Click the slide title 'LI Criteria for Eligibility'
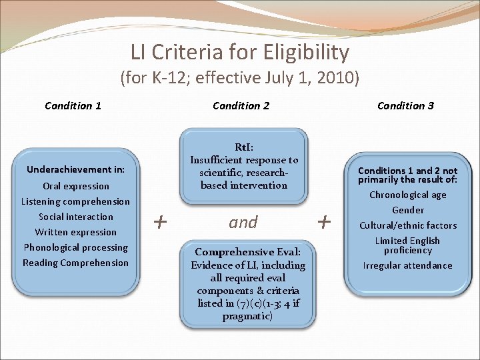[239, 52]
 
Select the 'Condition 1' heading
[73, 105]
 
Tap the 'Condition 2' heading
[241, 105]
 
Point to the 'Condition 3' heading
[405, 105]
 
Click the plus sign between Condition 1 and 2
[160, 221]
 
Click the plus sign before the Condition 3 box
[325, 221]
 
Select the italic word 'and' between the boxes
[243, 222]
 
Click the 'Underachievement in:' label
[75, 169]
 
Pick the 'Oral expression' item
[75, 186]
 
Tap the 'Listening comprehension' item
[75, 201]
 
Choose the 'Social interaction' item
[75, 217]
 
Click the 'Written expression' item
[75, 232]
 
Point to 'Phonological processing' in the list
[75, 247]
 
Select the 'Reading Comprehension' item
[75, 263]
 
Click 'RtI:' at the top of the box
[243, 147]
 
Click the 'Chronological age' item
[407, 195]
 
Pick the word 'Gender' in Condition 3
[407, 210]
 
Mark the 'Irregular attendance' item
[407, 265]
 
